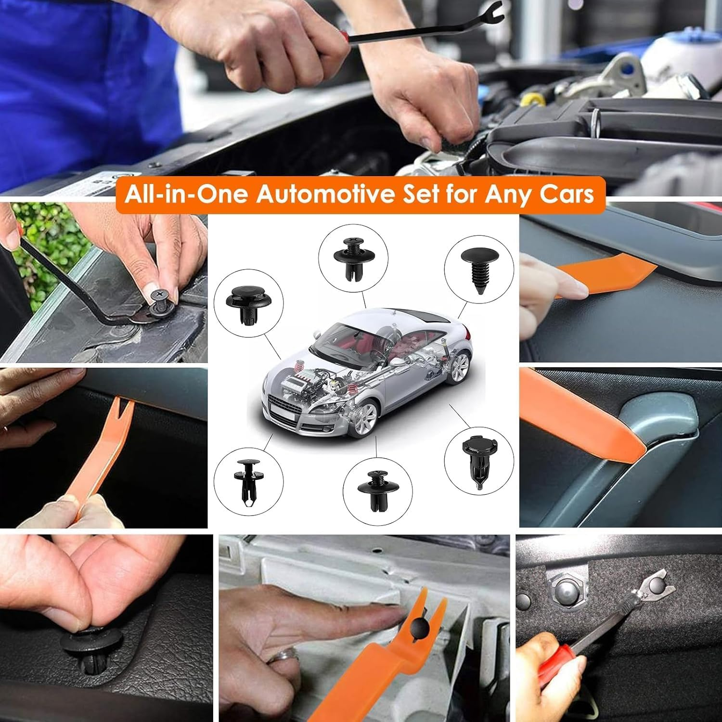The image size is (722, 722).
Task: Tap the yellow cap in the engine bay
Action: tap(530, 99)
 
